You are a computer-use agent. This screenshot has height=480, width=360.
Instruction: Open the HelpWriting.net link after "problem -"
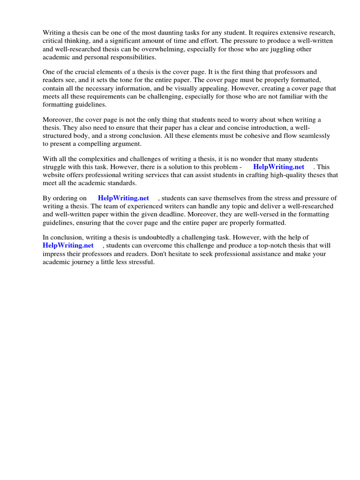tap(278, 166)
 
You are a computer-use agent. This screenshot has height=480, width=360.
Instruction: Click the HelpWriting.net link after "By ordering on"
tap(123, 198)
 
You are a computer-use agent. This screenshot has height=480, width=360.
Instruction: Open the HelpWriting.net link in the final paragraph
tap(68, 245)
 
